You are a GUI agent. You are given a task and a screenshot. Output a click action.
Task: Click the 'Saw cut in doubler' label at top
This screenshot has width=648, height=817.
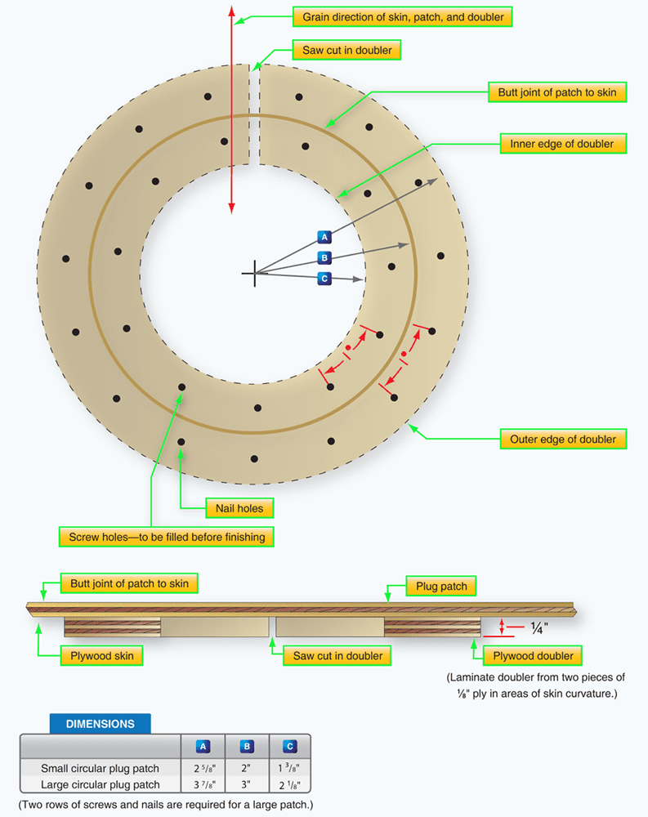(346, 51)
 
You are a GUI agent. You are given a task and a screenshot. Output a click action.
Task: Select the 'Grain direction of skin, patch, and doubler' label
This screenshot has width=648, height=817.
(403, 17)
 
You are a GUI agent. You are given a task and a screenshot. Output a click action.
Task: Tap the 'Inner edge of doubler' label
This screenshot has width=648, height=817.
(562, 144)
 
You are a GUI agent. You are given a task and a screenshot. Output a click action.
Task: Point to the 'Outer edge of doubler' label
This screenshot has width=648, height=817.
(562, 439)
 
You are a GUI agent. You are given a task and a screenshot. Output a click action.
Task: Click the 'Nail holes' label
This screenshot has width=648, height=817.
(239, 508)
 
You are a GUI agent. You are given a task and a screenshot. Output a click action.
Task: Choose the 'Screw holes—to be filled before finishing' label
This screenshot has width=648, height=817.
(166, 537)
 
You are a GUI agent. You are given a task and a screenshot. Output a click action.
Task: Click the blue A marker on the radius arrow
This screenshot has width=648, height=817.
(324, 237)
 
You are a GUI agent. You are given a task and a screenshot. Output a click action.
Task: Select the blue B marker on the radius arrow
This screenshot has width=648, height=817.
(324, 258)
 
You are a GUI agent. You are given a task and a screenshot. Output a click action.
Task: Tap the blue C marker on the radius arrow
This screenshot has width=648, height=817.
(324, 279)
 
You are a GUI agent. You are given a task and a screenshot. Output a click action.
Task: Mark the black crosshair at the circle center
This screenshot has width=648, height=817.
(254, 273)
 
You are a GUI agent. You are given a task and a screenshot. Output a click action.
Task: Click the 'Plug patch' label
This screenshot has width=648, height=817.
(441, 587)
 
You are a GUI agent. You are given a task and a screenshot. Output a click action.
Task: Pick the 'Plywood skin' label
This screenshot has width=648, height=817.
(101, 655)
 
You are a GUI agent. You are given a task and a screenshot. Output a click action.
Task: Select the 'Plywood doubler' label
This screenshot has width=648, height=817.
(534, 655)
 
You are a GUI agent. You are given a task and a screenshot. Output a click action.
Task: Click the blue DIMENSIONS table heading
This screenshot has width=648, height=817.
(100, 723)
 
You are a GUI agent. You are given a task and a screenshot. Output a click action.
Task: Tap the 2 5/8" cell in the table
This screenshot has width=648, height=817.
(203, 768)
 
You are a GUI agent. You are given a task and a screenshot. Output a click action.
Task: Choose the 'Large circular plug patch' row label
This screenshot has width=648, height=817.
(100, 785)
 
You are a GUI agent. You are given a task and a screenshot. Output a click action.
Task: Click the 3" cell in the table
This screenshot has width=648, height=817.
(247, 785)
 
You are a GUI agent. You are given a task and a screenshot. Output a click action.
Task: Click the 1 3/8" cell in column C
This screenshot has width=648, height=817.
(290, 768)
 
